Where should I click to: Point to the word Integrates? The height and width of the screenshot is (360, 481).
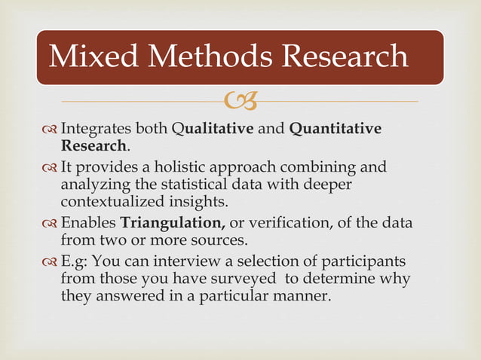pyautogui.click(x=99, y=129)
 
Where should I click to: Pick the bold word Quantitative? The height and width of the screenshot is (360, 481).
pyautogui.click(x=335, y=129)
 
